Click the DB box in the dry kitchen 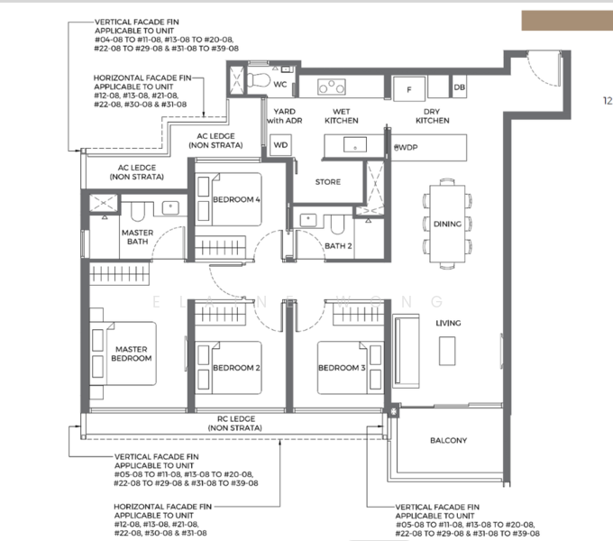tap(460, 87)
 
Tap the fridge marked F tap(409, 89)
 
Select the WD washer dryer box tap(280, 145)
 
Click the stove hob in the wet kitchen tap(332, 87)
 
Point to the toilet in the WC tap(259, 79)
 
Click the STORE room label tap(328, 182)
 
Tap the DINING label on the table tap(448, 224)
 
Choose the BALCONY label tap(448, 441)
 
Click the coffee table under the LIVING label tap(447, 351)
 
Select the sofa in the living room tap(406, 351)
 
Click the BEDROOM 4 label tap(236, 199)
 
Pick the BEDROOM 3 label tap(342, 368)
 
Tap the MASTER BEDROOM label tap(132, 353)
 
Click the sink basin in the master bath tap(170, 207)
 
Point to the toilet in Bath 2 tap(337, 224)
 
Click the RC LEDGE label tap(236, 424)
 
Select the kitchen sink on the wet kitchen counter tap(355, 144)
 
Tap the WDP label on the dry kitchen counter tap(406, 147)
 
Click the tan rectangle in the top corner tap(567, 21)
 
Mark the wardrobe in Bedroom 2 tap(220, 314)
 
